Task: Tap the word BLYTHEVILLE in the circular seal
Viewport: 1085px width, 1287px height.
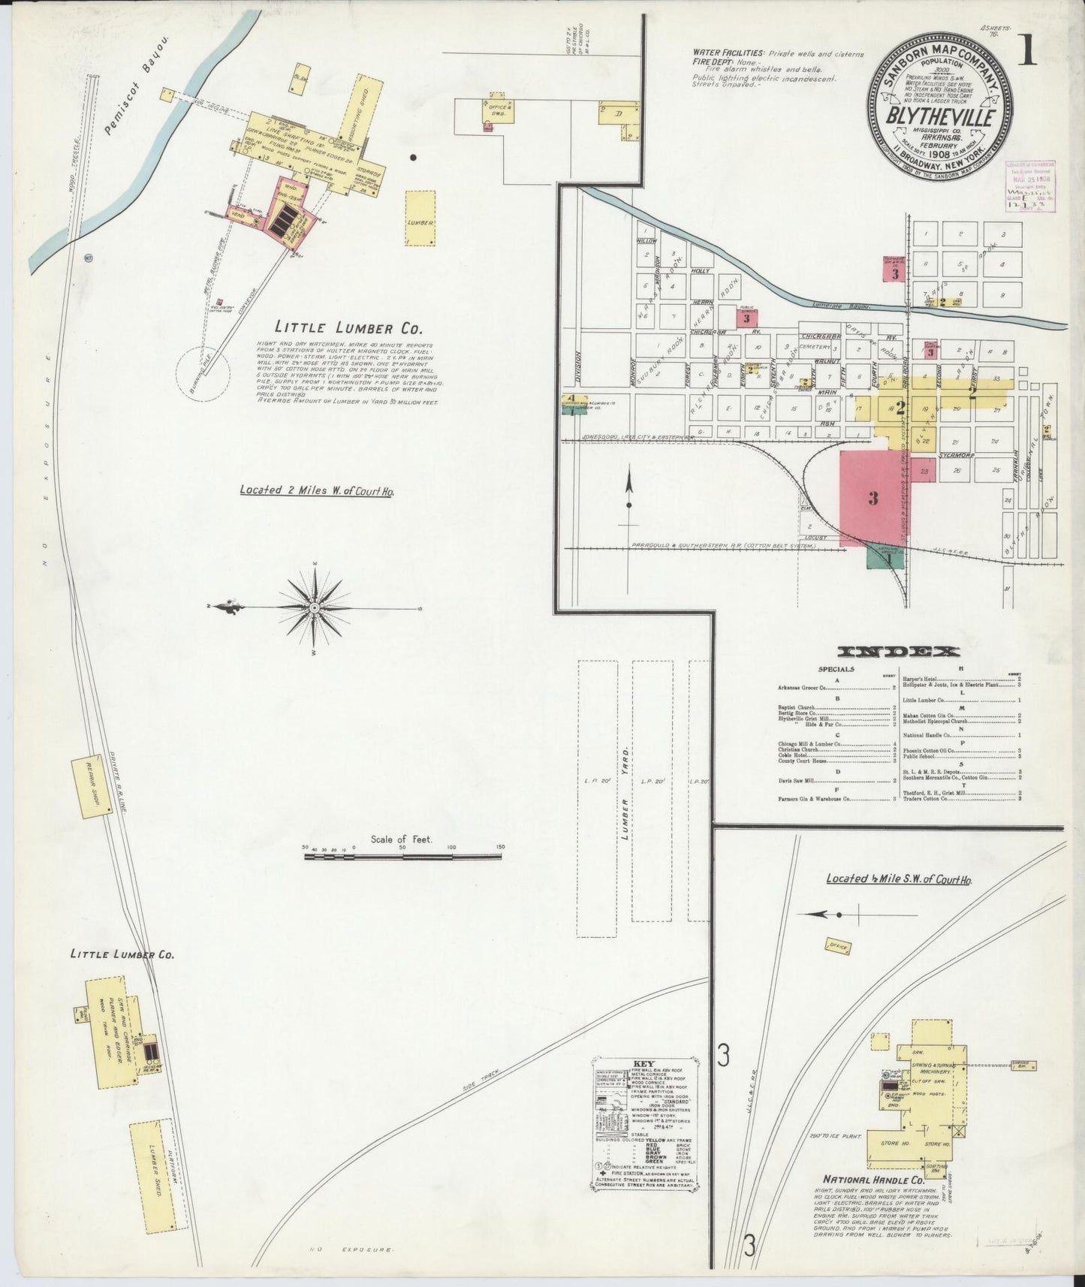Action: (942, 119)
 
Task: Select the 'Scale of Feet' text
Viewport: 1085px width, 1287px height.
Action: (402, 839)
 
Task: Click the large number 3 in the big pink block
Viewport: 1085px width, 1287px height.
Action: (873, 498)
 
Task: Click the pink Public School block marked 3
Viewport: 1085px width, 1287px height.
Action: (746, 317)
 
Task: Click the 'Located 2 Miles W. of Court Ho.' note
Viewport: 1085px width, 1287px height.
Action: (316, 490)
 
